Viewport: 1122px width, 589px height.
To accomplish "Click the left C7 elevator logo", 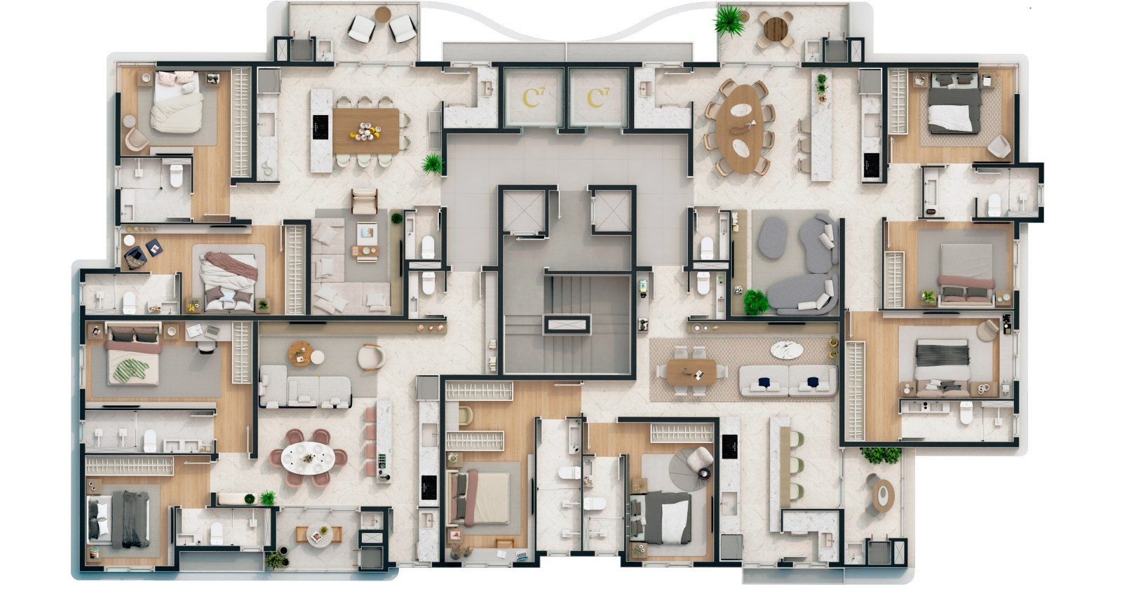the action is point(533,97).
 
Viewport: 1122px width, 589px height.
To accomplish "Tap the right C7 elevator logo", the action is point(598,97).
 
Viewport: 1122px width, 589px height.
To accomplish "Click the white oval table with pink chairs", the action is point(308,457).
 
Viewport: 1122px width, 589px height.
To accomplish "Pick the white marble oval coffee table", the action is point(787,350).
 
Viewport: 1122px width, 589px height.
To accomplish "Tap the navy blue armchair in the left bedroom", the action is point(135,257).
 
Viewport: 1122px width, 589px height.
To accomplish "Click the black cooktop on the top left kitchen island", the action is point(320,128).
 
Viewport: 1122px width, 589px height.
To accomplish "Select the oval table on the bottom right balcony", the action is point(883,495).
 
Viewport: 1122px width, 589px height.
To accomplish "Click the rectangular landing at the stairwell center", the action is point(567,324).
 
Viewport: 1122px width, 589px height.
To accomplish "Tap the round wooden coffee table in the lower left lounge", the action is point(301,353).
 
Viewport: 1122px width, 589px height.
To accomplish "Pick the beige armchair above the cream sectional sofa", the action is point(364,201).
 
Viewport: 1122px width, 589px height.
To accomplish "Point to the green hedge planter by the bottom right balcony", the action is point(881,455).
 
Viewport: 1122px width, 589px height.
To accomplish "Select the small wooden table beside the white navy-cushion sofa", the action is point(691,372).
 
